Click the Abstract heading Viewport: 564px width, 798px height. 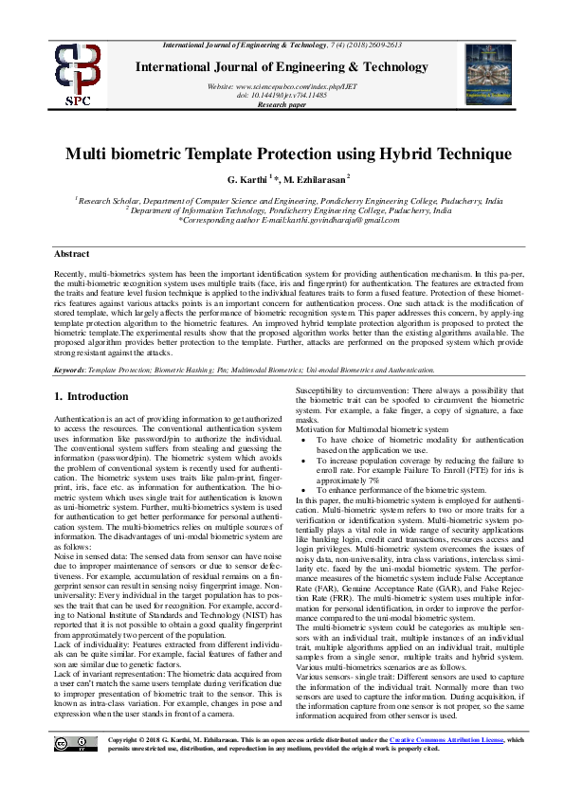point(72,255)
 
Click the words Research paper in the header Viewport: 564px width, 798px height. point(282,105)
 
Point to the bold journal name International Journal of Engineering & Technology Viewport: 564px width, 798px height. point(282,67)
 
